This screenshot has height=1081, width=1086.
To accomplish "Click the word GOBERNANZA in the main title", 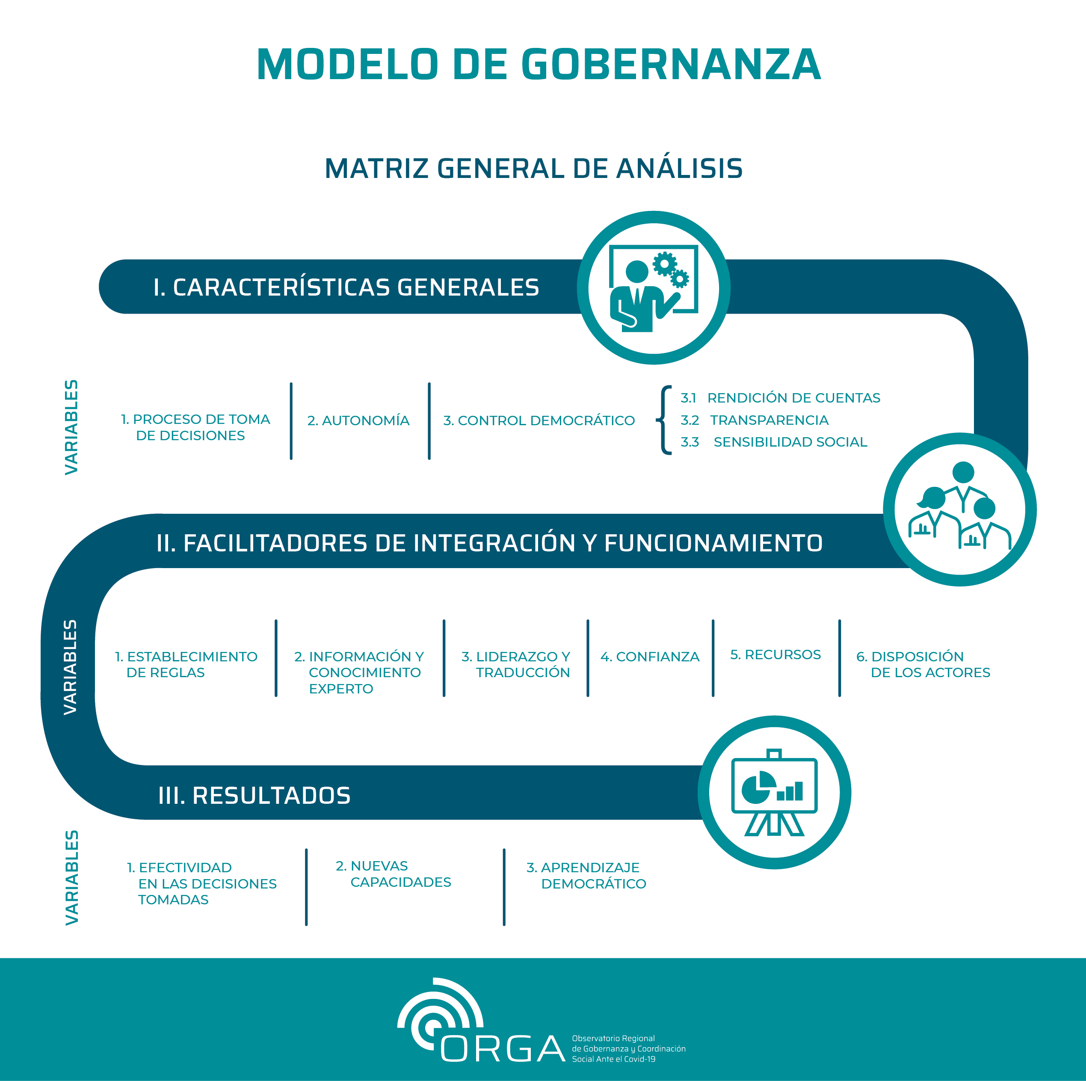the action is [x=672, y=64].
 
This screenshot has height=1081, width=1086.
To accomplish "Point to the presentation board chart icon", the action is [x=774, y=793].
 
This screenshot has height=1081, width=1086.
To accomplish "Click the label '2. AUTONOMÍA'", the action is [x=358, y=421].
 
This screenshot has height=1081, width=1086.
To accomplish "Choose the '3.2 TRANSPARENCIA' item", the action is [x=755, y=420].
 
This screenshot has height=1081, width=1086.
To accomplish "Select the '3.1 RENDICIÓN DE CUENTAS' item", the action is [x=780, y=398].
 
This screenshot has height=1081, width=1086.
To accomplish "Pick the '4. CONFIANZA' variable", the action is [x=650, y=657].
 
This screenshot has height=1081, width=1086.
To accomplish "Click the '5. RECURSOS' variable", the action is [x=775, y=655].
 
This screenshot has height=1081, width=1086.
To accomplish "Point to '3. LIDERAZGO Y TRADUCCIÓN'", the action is [x=515, y=664].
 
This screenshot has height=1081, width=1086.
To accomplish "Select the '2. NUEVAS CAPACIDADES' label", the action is [x=394, y=874].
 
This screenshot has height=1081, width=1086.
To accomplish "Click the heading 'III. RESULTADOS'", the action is [x=254, y=795].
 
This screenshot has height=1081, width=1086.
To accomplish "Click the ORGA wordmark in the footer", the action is [x=503, y=1048].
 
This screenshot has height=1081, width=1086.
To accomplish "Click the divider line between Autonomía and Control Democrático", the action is [x=429, y=421].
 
